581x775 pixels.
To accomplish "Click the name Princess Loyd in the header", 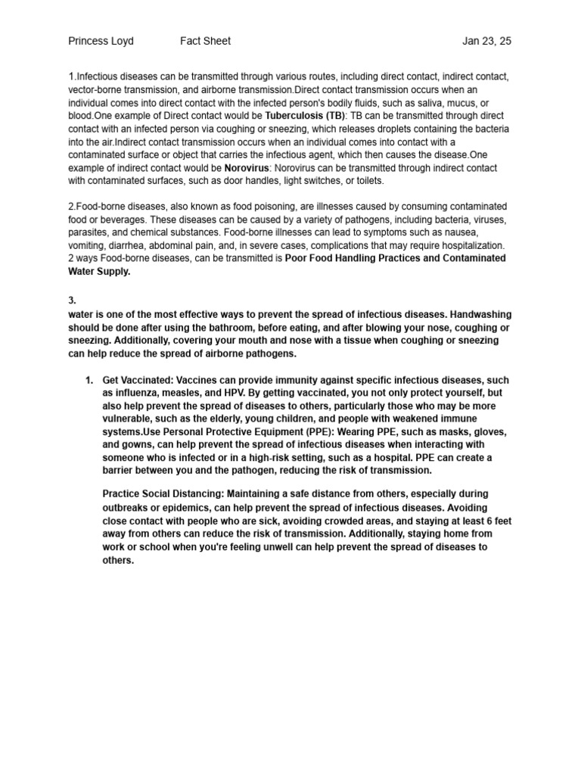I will coord(101,41).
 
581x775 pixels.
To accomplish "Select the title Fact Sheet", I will coord(205,41).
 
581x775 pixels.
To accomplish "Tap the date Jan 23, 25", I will coord(486,41).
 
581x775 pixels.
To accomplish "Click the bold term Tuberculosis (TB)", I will coord(305,116).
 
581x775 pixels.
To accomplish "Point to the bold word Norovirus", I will coord(247,167).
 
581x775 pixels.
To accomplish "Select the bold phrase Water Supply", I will coord(99,271).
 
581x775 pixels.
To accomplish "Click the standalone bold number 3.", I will coord(72,300).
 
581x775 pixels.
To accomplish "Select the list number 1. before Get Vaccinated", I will coord(89,380).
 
